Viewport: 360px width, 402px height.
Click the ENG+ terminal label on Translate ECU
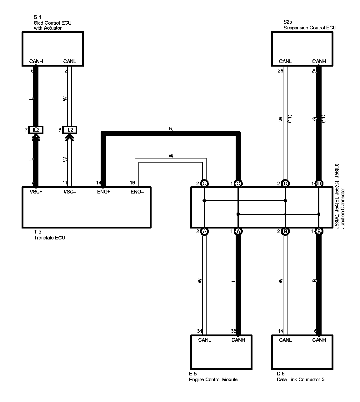tap(103, 192)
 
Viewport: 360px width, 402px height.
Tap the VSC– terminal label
tap(69, 192)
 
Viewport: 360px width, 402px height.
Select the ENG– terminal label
tap(137, 192)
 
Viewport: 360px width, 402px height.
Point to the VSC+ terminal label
tap(36, 192)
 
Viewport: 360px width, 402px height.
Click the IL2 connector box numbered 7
tap(36, 130)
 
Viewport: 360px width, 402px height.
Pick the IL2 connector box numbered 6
tap(69, 130)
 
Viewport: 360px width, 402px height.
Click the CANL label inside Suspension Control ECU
tap(285, 61)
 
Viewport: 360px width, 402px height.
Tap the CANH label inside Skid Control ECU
tap(36, 61)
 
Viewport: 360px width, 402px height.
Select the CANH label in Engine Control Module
tap(238, 340)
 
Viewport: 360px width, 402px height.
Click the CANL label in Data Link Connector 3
tap(285, 340)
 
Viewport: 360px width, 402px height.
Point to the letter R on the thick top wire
tap(171, 129)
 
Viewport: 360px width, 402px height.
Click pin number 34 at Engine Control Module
tap(199, 331)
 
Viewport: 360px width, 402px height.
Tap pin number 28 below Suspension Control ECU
tap(280, 71)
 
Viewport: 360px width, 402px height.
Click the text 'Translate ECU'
tap(49, 238)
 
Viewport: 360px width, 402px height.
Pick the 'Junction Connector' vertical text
tap(343, 208)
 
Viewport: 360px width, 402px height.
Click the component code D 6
tap(280, 374)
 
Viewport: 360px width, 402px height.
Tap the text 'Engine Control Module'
tap(213, 379)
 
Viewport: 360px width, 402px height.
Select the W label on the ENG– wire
tap(171, 155)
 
